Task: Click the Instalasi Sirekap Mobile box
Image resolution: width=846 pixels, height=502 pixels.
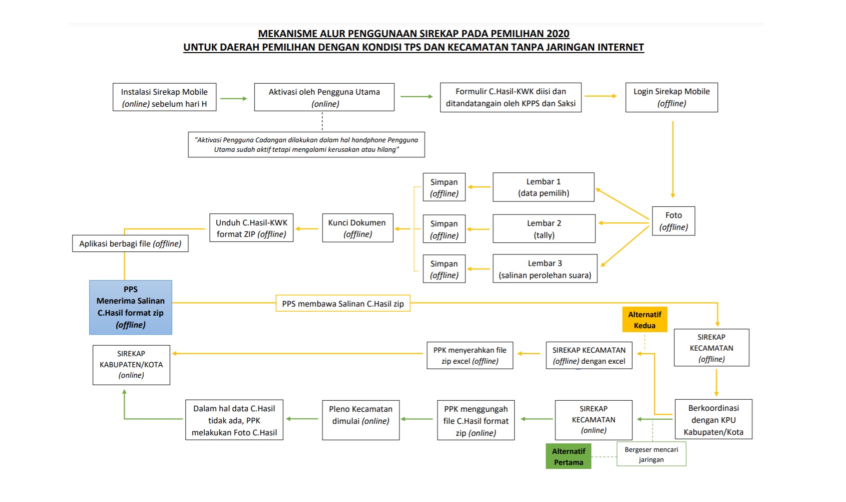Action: tap(164, 97)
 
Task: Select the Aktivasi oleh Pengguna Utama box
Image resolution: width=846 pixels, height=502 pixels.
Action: tap(324, 97)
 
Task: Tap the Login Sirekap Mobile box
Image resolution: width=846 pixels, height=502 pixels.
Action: tap(671, 97)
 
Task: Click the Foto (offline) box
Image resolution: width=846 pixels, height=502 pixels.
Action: tap(673, 221)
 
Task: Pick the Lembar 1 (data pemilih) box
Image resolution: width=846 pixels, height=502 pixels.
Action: tap(543, 187)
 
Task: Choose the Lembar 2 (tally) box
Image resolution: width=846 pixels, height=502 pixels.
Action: tap(544, 229)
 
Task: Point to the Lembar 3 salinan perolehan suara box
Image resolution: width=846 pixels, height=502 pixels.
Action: tap(545, 269)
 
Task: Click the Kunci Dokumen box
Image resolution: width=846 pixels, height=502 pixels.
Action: tap(357, 228)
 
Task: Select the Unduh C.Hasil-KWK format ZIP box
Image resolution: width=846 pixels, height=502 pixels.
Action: tap(251, 228)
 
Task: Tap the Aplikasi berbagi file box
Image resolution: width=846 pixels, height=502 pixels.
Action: tap(130, 243)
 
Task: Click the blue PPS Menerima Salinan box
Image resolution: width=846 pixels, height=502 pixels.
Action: tap(131, 307)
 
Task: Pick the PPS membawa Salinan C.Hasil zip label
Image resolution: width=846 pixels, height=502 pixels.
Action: tap(343, 304)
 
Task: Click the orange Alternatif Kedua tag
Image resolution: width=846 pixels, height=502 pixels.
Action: tap(644, 320)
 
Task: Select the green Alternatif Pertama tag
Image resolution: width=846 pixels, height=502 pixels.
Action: tap(568, 456)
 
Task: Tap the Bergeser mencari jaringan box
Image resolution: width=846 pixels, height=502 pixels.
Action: tap(651, 454)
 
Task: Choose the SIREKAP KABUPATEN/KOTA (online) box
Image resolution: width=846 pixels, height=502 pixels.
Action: tap(131, 364)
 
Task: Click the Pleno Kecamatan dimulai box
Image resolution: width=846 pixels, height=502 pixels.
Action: tap(360, 420)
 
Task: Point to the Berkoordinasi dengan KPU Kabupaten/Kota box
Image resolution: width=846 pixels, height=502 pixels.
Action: tap(713, 420)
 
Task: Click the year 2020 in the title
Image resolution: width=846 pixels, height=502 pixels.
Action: tap(558, 34)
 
